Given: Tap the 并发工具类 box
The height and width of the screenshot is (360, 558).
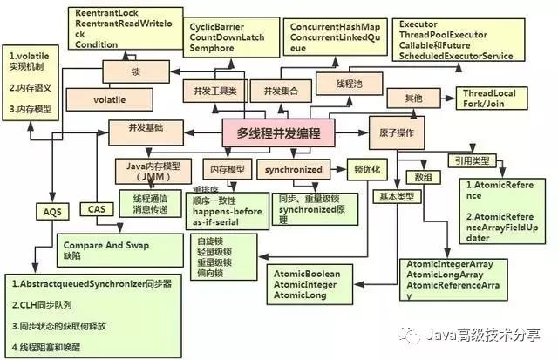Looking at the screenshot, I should tap(212, 90).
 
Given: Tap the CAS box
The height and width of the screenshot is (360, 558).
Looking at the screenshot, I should tap(96, 208).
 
